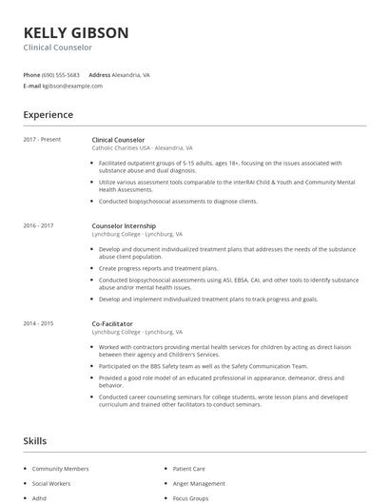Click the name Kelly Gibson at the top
click(75, 32)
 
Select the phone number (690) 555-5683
click(62, 74)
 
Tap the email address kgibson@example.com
click(73, 86)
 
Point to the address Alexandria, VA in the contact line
click(131, 74)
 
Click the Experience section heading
click(48, 115)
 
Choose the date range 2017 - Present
click(42, 140)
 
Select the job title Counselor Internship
click(124, 225)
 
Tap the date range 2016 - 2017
click(38, 225)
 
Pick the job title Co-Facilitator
click(112, 323)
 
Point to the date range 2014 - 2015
click(38, 323)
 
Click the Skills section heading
click(35, 441)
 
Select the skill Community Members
click(60, 469)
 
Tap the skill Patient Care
click(188, 469)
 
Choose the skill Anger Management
click(199, 483)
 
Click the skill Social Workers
click(52, 483)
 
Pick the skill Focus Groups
click(191, 497)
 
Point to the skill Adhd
click(39, 497)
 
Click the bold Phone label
click(30, 74)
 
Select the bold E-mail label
click(31, 86)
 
